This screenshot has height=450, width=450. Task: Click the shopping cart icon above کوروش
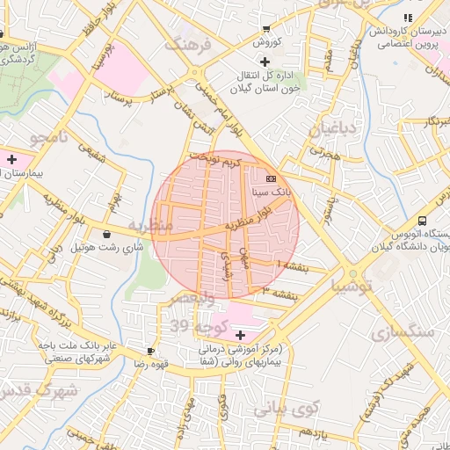tap(266, 29)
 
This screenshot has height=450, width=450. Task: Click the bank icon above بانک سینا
tap(270, 178)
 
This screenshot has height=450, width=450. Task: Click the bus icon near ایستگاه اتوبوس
tap(423, 221)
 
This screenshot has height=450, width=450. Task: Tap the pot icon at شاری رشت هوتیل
tap(107, 235)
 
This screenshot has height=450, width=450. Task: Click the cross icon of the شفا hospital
tap(240, 335)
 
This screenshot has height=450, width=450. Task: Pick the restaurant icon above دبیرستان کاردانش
tap(406, 18)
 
